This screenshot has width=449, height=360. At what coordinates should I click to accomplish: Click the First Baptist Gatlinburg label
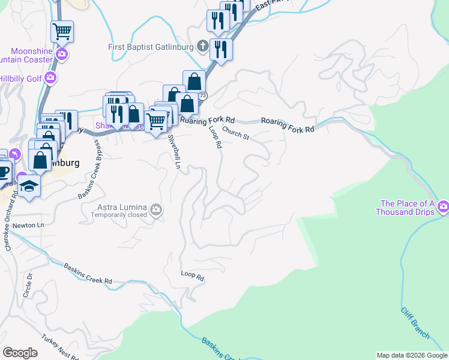click(x=150, y=47)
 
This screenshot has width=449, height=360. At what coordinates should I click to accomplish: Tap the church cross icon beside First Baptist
click(x=203, y=46)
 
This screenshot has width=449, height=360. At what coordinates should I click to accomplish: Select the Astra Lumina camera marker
click(x=157, y=209)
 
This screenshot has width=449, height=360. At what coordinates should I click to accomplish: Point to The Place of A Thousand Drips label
click(x=405, y=208)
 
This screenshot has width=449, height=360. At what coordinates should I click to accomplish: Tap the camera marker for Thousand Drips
click(x=444, y=208)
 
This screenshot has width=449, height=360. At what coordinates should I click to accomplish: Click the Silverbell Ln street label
click(x=173, y=152)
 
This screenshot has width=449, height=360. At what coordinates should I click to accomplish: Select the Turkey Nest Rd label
click(x=59, y=347)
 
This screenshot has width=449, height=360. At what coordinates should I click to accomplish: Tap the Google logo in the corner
click(x=20, y=353)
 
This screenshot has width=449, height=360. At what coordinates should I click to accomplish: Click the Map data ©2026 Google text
click(x=411, y=355)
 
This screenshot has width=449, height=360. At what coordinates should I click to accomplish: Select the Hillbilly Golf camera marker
click(x=50, y=77)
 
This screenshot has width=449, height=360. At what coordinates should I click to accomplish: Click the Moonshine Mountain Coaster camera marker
click(x=62, y=55)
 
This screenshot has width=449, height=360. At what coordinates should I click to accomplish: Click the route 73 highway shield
click(x=203, y=96)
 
